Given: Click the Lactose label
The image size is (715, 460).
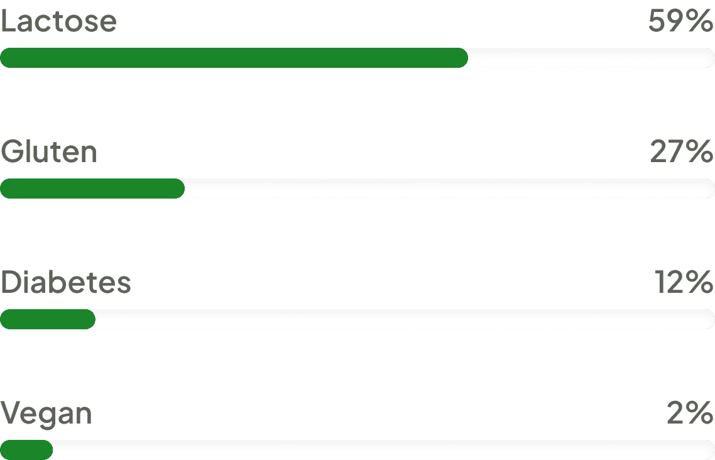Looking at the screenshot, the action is click(58, 23).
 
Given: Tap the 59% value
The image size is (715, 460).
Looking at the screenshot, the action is click(680, 23).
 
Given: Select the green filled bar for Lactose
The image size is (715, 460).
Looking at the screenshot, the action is click(234, 58).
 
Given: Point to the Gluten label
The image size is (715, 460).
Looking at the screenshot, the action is click(49, 153).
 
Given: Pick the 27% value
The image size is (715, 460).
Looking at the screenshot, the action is click(682, 153).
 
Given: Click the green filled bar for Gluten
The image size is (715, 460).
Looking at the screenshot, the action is click(92, 189).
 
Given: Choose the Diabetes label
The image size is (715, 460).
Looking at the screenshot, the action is click(65, 283).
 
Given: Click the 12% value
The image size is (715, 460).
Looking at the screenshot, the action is click(685, 283).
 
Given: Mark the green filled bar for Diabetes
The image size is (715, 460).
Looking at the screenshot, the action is click(48, 319).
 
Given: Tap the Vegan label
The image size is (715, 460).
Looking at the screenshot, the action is click(46, 415).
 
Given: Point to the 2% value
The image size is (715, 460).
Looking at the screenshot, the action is click(690, 414).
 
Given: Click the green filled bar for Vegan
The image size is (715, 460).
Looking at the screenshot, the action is click(26, 450).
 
